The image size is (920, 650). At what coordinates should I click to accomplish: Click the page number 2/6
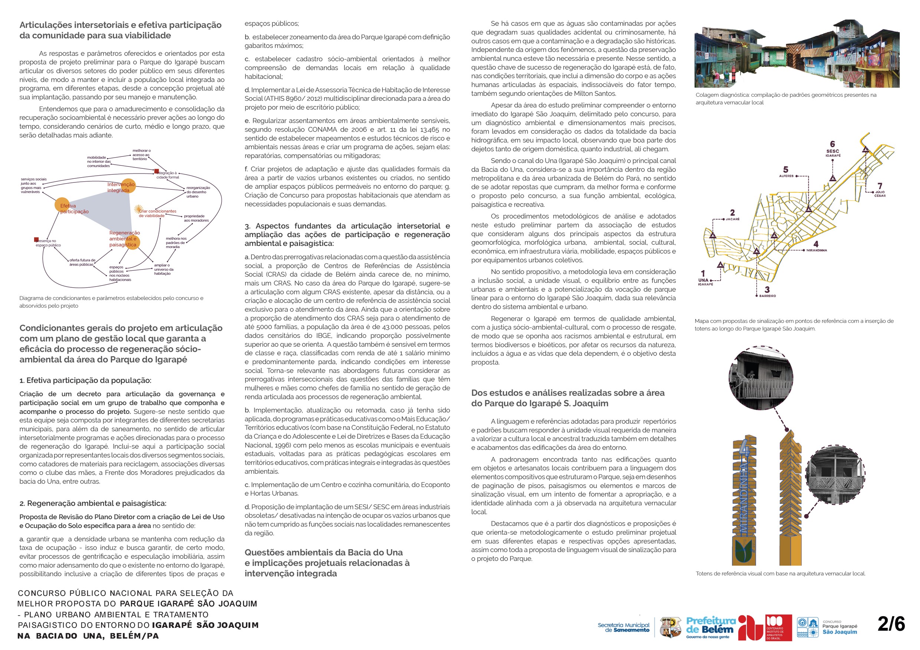pos(891,624)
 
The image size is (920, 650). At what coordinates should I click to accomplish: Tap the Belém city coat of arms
pos(670,627)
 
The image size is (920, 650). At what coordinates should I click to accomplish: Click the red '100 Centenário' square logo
pos(778,627)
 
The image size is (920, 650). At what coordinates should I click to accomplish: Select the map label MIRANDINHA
pos(816,250)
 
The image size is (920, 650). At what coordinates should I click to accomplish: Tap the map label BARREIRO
pos(767,296)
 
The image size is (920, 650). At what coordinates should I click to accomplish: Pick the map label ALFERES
pos(786,176)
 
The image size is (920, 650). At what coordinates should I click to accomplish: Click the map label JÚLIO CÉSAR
pos(880,194)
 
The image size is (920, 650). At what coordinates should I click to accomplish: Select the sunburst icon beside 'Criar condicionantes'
pos(138,209)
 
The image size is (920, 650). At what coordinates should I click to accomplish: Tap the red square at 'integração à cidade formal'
pos(156,171)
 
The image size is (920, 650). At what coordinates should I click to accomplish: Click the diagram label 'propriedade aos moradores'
pos(196,218)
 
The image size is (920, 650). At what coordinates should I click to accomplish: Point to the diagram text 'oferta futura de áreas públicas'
pos(82,262)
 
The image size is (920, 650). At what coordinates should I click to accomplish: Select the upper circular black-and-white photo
pos(760,378)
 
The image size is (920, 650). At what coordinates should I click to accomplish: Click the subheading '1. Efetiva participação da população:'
pos(85,380)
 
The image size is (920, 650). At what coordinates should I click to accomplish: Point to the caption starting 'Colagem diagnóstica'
pos(785,99)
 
